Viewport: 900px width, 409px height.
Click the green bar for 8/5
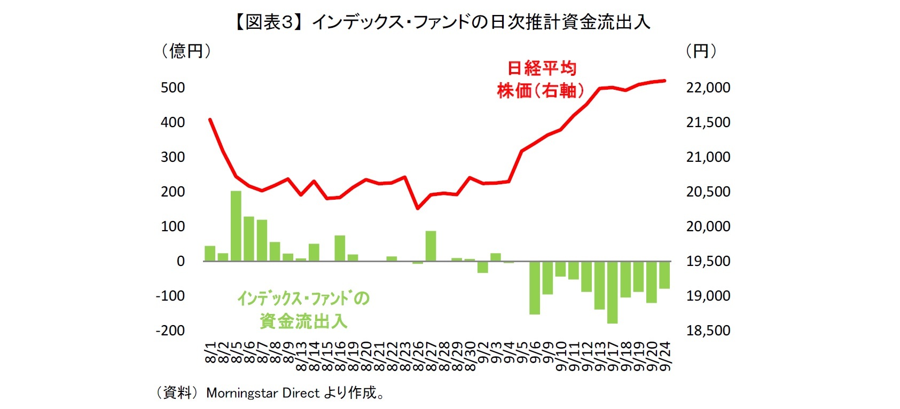[236, 226]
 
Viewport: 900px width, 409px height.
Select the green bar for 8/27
[431, 246]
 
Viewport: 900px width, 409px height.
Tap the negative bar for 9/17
[612, 292]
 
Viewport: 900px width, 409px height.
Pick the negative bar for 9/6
[535, 287]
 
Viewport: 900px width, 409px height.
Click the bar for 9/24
[664, 274]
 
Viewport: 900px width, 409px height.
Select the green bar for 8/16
[340, 248]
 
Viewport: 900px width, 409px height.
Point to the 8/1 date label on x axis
[210, 355]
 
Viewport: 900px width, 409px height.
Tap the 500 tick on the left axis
[173, 88]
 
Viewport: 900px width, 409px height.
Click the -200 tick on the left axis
[170, 331]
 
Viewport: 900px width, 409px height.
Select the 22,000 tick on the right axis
[708, 88]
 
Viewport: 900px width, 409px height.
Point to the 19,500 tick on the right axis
[708, 261]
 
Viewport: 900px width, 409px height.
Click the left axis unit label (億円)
[186, 52]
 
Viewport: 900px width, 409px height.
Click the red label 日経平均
[541, 68]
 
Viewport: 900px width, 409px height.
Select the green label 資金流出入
[303, 321]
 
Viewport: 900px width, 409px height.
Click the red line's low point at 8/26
[418, 208]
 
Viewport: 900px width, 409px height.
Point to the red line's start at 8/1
[210, 120]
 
